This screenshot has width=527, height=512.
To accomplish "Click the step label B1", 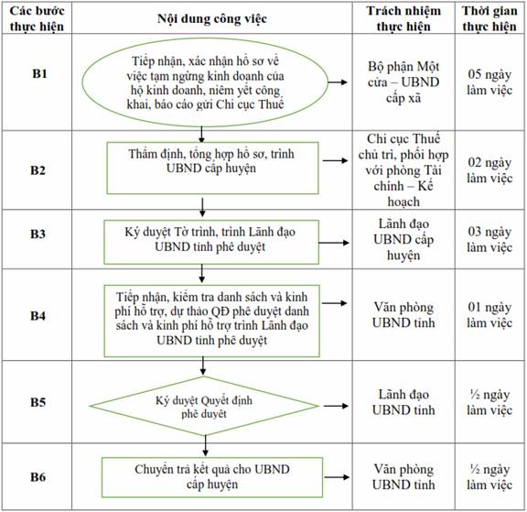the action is click(x=39, y=73).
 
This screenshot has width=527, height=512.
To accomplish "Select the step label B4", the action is click(x=38, y=316).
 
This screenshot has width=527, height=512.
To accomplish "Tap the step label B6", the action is click(x=38, y=476).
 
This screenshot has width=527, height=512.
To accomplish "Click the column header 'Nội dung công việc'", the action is click(x=212, y=19).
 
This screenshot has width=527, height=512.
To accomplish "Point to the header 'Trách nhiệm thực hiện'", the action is click(x=403, y=18).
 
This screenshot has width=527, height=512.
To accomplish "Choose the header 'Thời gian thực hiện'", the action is click(x=489, y=18).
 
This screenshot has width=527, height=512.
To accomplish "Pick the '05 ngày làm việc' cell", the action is click(x=489, y=82).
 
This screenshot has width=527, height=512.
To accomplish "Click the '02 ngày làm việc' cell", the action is click(x=489, y=170).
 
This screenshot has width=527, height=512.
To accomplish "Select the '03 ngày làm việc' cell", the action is click(x=489, y=240).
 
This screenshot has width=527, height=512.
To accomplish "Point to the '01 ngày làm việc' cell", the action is click(x=489, y=315).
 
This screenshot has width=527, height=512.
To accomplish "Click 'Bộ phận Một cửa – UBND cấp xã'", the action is click(x=403, y=82).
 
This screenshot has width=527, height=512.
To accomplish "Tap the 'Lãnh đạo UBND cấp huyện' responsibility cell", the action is click(x=403, y=240).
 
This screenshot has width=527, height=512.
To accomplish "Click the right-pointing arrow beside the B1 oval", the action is click(x=338, y=82).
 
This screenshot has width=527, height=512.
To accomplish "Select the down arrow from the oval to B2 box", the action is click(x=201, y=135).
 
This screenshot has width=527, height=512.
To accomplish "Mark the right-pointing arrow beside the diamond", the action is click(x=336, y=406).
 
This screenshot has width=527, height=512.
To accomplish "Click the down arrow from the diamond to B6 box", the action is click(x=205, y=446).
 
